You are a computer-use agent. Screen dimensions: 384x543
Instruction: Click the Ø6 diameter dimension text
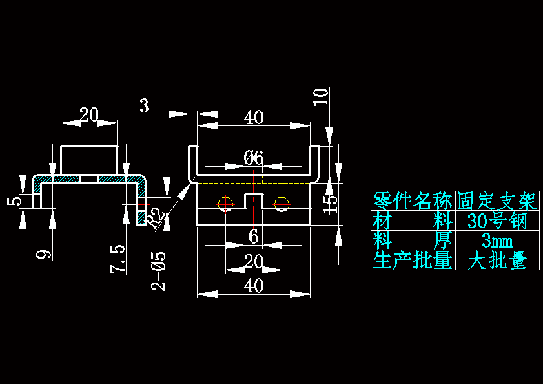pos(254,157)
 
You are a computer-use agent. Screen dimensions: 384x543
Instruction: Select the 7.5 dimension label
pos(118,259)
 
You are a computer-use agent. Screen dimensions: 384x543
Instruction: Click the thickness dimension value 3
pos(144,106)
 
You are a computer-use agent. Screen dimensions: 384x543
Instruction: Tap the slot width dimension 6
pos(254,237)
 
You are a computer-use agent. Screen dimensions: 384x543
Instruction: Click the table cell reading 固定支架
pos(497,201)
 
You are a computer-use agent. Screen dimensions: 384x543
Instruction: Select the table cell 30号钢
pos(497,221)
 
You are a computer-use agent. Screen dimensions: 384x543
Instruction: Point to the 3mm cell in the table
pos(497,241)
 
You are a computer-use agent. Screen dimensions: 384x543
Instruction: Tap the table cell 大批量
pos(497,261)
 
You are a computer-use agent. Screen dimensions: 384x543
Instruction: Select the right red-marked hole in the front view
pos(281,204)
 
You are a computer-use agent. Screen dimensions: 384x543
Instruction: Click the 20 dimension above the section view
pos(89,115)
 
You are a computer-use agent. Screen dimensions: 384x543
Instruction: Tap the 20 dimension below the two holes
pos(254,262)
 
